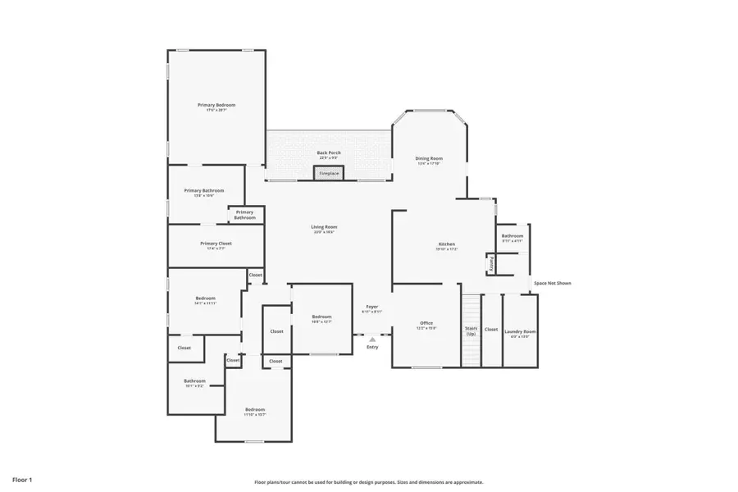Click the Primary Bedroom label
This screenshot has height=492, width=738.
pos(216,105)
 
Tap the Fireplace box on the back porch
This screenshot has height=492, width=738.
pos(329,174)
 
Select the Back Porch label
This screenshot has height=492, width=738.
pos(329,153)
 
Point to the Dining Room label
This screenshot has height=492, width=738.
pos(429,158)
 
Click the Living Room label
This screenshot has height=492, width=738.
pos(324,227)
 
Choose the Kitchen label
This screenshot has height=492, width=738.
pos(446,244)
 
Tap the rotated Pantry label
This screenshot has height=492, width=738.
pos(491,264)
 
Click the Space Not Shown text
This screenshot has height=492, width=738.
pos(553,283)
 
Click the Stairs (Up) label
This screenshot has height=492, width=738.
pos(471,331)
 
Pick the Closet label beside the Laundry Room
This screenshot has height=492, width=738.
pos(490,330)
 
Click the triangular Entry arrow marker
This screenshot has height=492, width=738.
pos(372,338)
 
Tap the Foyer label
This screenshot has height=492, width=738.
pos(372,307)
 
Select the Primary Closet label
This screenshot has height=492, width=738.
pos(216,244)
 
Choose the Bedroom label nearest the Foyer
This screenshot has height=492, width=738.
pos(321,317)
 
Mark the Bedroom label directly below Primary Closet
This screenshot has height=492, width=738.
pos(205,298)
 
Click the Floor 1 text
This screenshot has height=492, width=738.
pos(22,478)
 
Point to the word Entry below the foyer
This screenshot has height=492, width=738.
pos(373,347)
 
